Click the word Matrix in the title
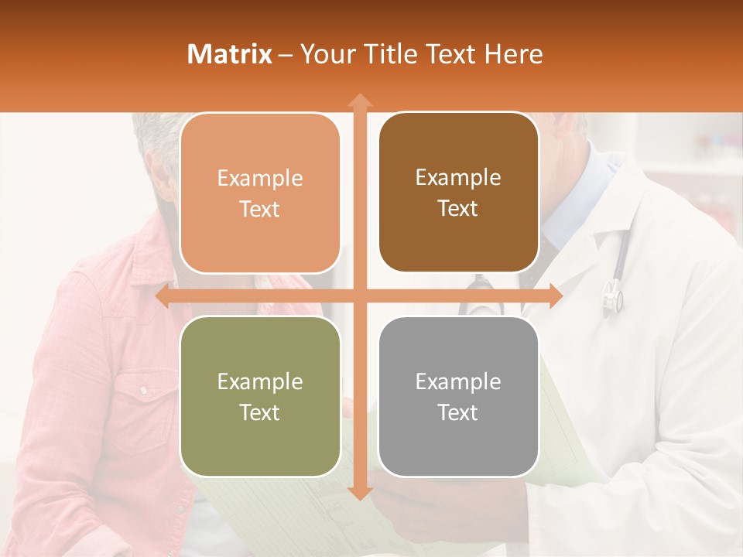229,54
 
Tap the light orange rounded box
260,193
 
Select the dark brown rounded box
458,193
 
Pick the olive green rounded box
260,396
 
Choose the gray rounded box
458,396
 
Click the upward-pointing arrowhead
359,101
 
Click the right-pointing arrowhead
556,296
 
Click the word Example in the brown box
458,178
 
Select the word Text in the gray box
458,412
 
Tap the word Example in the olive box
260,381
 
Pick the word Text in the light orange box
260,209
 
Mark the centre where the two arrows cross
359,296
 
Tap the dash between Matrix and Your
286,55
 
